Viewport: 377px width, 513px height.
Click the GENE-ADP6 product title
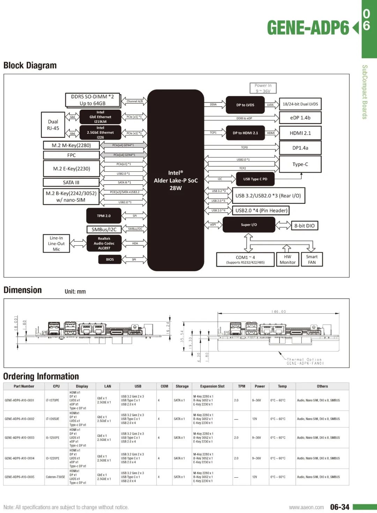[x=308, y=28]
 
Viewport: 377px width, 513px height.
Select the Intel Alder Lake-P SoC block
[x=176, y=180]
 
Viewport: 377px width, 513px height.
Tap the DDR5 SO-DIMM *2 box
[x=93, y=100]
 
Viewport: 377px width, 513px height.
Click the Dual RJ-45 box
[x=53, y=125]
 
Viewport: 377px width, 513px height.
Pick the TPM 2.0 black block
[x=104, y=216]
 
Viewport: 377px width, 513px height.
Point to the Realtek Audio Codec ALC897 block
[x=104, y=243]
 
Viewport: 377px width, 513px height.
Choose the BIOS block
[x=110, y=259]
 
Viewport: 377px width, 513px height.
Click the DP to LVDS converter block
[x=245, y=105]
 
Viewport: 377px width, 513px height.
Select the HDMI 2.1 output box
[x=300, y=133]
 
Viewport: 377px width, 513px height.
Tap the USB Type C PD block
[x=255, y=179]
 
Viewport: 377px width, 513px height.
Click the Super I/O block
[x=249, y=225]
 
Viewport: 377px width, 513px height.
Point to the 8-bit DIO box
[x=304, y=226]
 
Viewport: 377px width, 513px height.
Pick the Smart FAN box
[x=312, y=259]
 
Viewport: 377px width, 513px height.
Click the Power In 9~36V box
[x=263, y=88]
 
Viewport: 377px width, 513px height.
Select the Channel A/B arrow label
[x=134, y=101]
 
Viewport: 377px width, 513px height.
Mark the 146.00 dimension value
[x=279, y=312]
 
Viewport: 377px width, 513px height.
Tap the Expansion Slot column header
[x=212, y=386]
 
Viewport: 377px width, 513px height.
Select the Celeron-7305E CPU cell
[x=56, y=477]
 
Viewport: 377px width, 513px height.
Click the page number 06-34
[x=340, y=507]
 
